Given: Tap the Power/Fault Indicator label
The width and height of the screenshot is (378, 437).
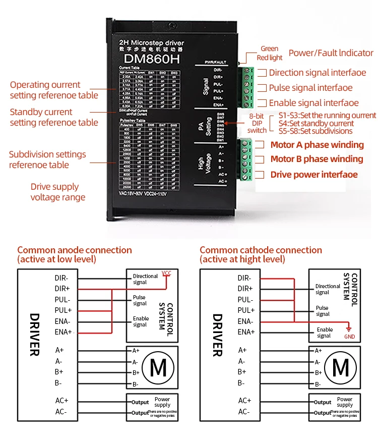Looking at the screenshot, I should click(x=331, y=53).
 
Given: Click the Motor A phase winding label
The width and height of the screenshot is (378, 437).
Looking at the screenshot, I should click(x=317, y=145).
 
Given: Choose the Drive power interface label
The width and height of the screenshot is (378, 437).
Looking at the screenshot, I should click(x=314, y=175).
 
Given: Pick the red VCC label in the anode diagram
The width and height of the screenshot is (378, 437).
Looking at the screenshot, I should click(x=166, y=273).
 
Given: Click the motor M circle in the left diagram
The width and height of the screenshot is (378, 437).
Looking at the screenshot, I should click(x=158, y=367).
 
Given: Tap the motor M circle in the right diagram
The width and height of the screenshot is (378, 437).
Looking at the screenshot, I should click(x=341, y=367).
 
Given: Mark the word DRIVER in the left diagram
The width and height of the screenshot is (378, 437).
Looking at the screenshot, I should click(x=34, y=335).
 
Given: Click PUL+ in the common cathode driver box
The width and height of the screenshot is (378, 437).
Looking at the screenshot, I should click(x=246, y=310).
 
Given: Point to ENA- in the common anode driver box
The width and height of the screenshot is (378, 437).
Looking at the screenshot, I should click(x=63, y=321).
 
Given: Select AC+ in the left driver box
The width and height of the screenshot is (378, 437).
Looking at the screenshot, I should click(x=61, y=401).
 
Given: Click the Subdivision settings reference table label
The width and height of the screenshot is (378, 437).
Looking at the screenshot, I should click(x=47, y=159).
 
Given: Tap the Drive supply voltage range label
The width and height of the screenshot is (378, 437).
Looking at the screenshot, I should click(x=58, y=192).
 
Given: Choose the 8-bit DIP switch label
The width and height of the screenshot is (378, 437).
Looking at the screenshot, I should click(x=257, y=123).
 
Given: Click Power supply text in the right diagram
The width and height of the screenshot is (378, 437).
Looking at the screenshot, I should click(x=345, y=402).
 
